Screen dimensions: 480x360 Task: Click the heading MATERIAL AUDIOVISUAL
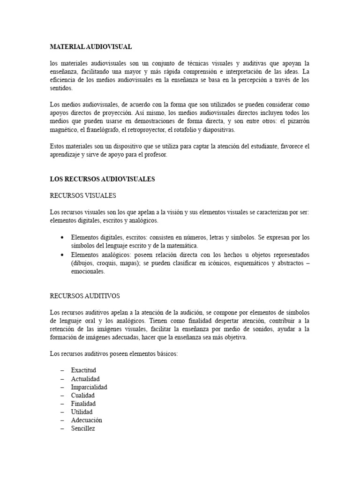[x=91, y=47]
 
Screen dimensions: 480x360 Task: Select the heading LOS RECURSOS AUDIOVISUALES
[x=102, y=179]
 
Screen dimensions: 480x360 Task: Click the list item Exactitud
[x=83, y=370]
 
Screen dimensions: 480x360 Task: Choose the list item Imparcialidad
[x=89, y=387]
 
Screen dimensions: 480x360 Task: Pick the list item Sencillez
[x=83, y=428]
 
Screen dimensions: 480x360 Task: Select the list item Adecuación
[x=86, y=420]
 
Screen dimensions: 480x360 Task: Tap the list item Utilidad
[x=82, y=412]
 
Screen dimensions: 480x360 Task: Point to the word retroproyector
[x=145, y=130]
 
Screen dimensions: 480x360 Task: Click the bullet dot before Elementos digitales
[x=62, y=238]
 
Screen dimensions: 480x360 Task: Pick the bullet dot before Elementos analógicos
[x=62, y=255]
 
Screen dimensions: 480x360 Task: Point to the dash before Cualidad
[x=62, y=396]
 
